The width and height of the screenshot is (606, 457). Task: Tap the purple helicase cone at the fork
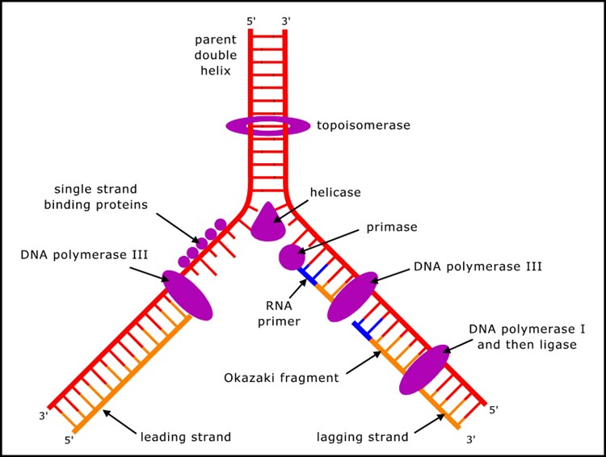pyautogui.click(x=270, y=223)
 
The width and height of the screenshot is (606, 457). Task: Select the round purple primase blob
pyautogui.click(x=292, y=257)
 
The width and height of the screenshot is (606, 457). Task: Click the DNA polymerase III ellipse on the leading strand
pyautogui.click(x=187, y=295)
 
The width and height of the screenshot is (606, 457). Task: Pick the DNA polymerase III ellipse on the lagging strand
pyautogui.click(x=352, y=296)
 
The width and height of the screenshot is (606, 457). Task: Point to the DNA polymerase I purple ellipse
pyautogui.click(x=424, y=369)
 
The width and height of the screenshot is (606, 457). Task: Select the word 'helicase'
pyautogui.click(x=335, y=193)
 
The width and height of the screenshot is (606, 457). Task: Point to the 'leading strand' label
pyautogui.click(x=186, y=437)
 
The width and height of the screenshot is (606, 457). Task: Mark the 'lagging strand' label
pyautogui.click(x=363, y=437)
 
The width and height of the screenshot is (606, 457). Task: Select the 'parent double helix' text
pyautogui.click(x=215, y=55)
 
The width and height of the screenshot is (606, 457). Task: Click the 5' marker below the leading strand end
pyautogui.click(x=69, y=440)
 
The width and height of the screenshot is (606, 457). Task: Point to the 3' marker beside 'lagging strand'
pyautogui.click(x=471, y=440)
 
